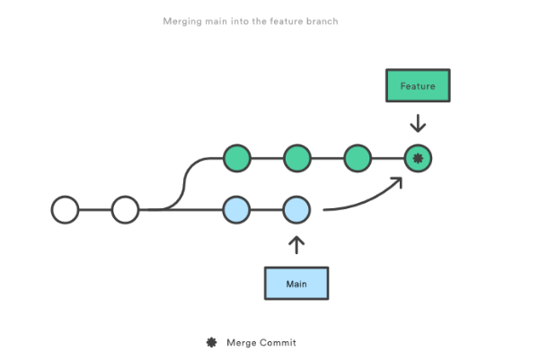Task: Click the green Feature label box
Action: click(x=417, y=86)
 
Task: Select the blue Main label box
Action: click(x=296, y=283)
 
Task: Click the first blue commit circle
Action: click(x=236, y=210)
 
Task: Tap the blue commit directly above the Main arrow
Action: click(x=296, y=210)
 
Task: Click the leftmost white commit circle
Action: click(x=65, y=210)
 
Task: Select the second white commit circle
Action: click(x=125, y=210)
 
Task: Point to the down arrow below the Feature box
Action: click(x=417, y=123)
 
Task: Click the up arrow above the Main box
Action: click(x=296, y=244)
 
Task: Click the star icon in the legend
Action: click(x=211, y=342)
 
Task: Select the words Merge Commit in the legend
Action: click(x=261, y=342)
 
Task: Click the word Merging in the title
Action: click(x=183, y=20)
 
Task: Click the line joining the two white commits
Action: click(x=94, y=210)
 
